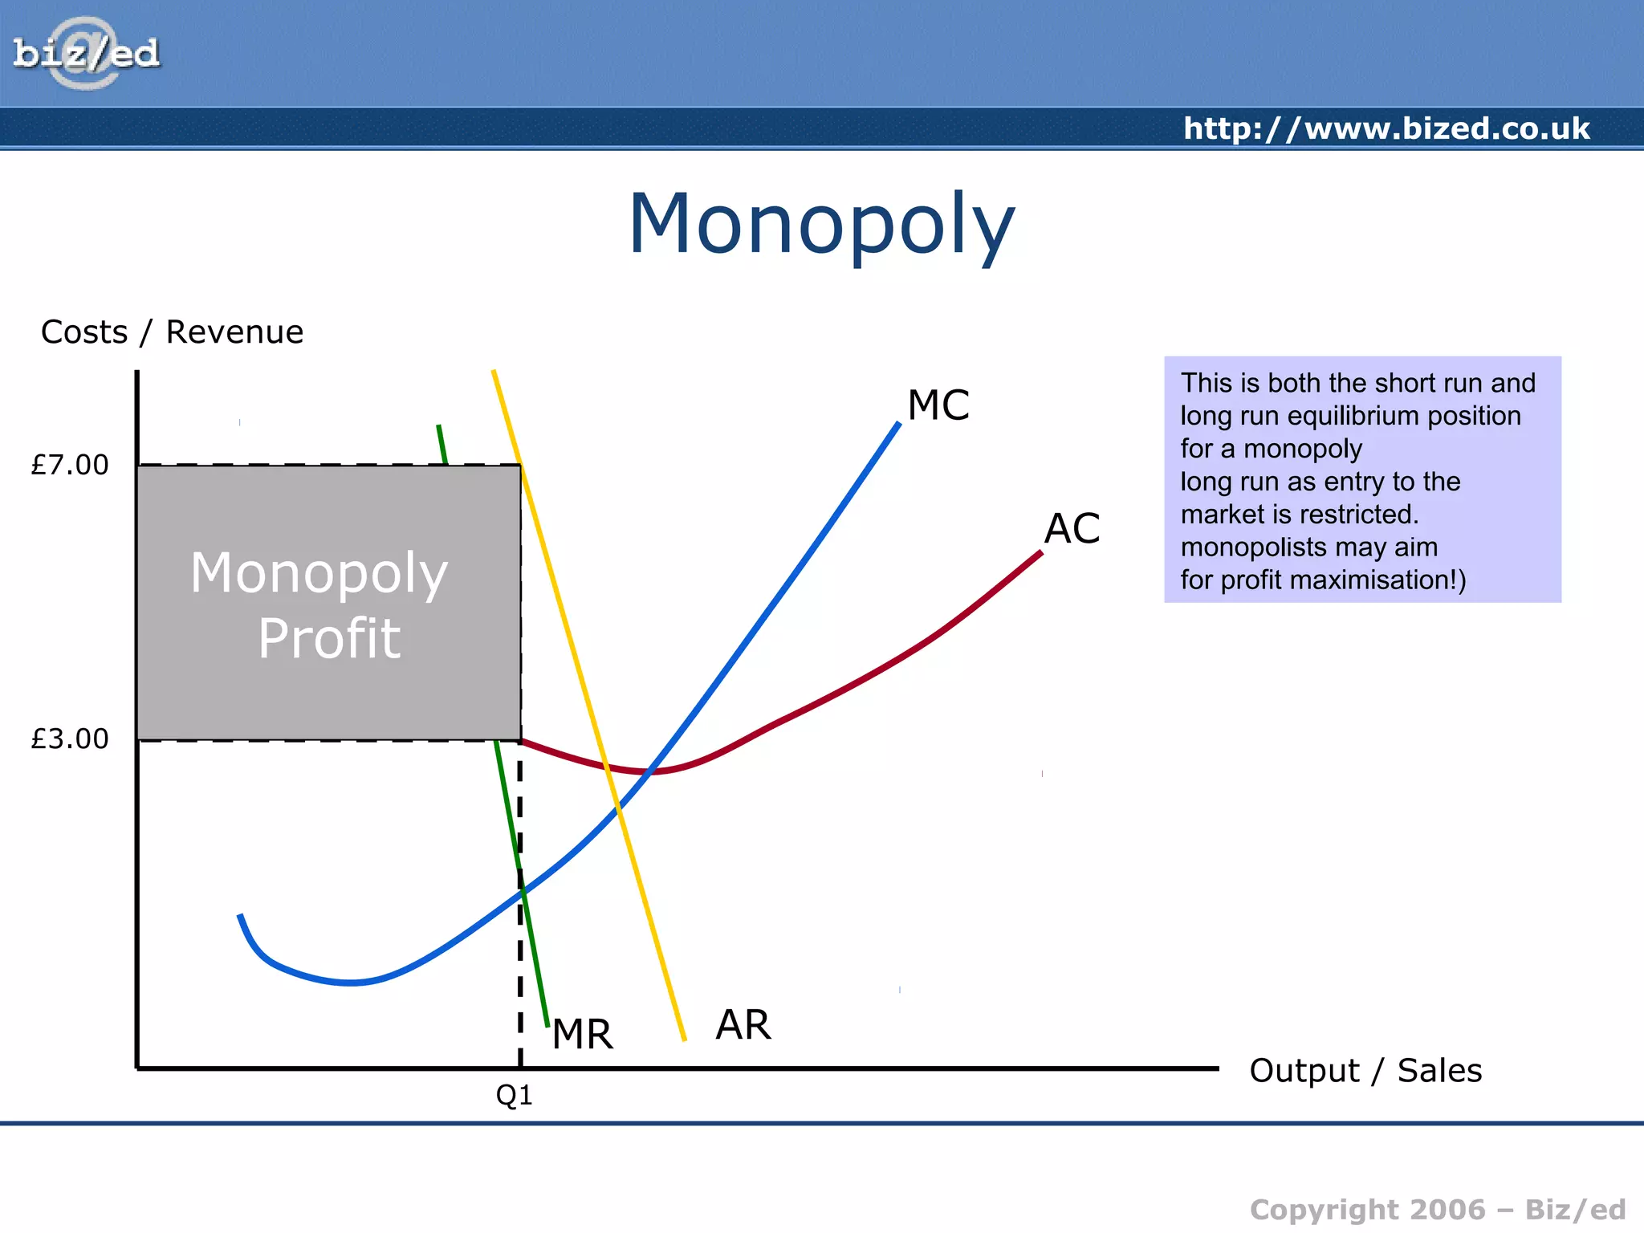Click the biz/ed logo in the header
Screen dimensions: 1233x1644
[x=86, y=54]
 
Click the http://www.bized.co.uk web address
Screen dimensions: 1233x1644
[x=1386, y=128]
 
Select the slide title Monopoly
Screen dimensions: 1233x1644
[x=821, y=224]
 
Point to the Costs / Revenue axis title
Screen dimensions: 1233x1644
[x=172, y=332]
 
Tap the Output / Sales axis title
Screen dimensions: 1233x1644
[x=1365, y=1071]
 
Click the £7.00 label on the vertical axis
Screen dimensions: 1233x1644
[x=70, y=465]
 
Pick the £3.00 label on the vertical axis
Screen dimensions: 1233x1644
[x=70, y=739]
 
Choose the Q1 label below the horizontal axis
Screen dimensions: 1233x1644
[x=515, y=1095]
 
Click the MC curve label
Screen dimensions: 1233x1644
[x=938, y=405]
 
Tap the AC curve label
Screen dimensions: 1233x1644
[x=1072, y=529]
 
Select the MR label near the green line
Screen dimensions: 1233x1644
[x=583, y=1034]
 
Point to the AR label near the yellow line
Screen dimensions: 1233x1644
[x=743, y=1025]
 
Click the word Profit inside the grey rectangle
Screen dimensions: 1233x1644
[x=329, y=639]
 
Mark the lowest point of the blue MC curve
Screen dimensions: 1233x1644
[x=352, y=982]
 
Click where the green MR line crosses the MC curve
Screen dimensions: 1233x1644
[x=523, y=891]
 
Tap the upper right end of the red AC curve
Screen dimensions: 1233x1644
[x=1040, y=552]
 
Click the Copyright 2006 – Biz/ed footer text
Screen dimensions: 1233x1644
[x=1437, y=1210]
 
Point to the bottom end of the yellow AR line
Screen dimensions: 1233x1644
[x=684, y=1040]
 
